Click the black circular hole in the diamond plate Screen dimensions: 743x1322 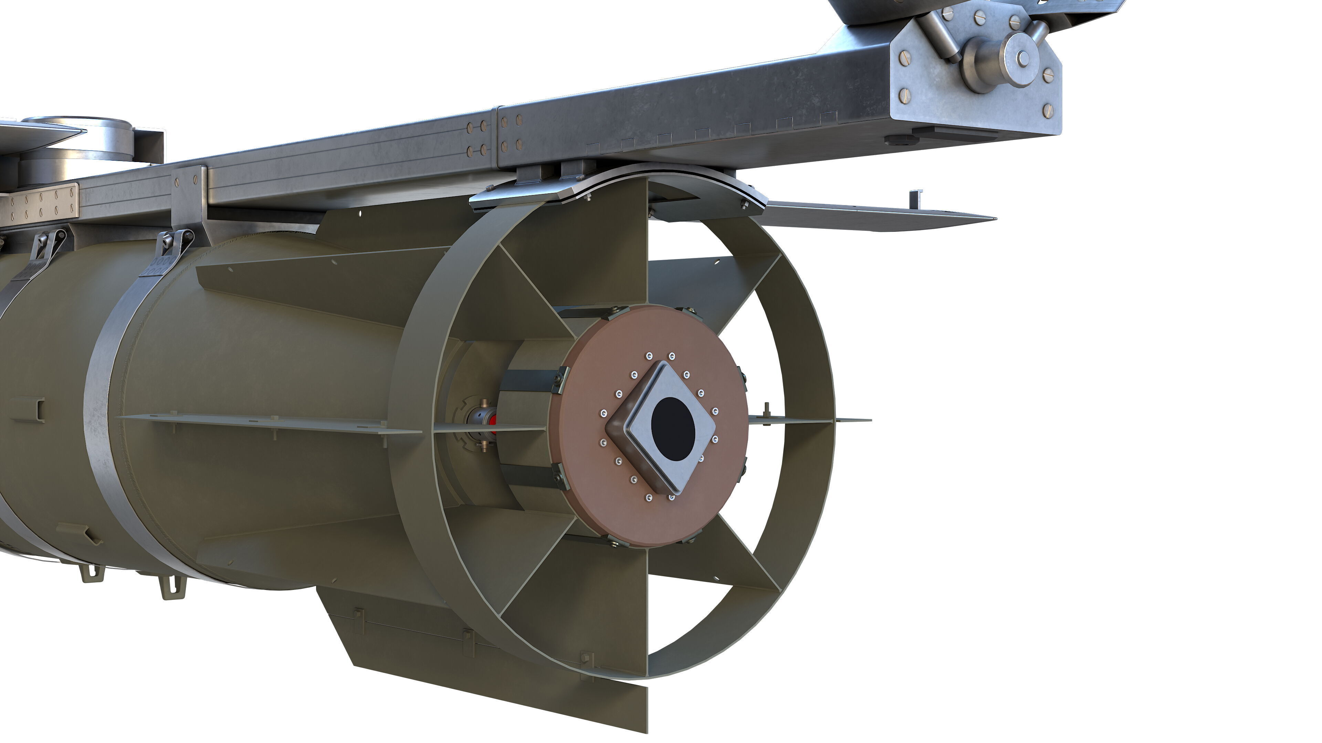point(673,429)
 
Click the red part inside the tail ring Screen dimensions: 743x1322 point(493,424)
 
